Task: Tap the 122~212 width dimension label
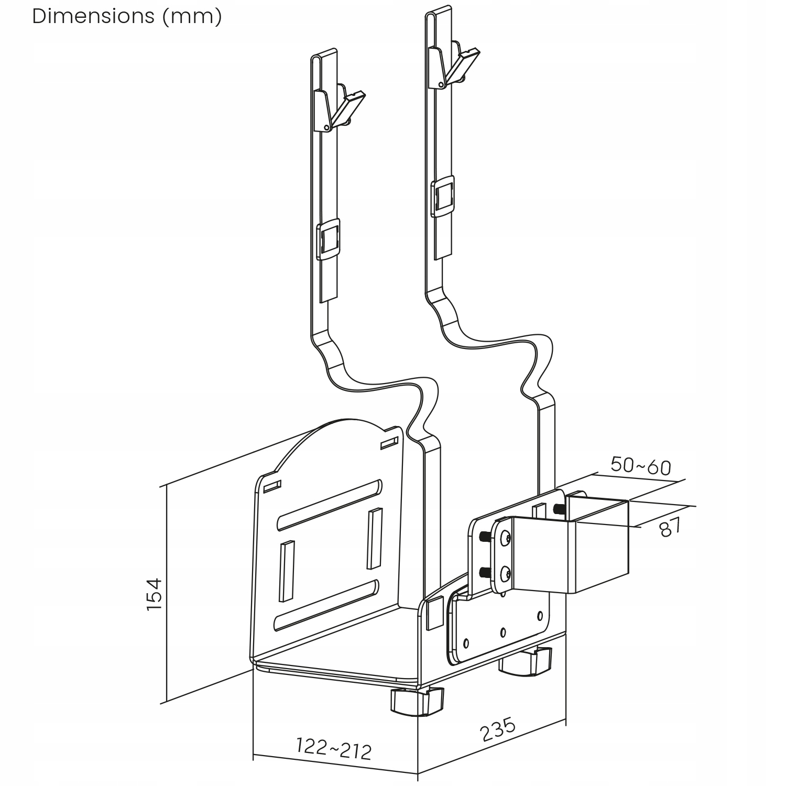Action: pos(334,748)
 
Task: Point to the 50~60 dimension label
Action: pos(640,465)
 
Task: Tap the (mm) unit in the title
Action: pos(192,17)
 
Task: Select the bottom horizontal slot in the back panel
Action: pos(326,605)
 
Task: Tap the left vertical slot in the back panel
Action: pos(287,571)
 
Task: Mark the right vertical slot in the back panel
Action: pos(374,538)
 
